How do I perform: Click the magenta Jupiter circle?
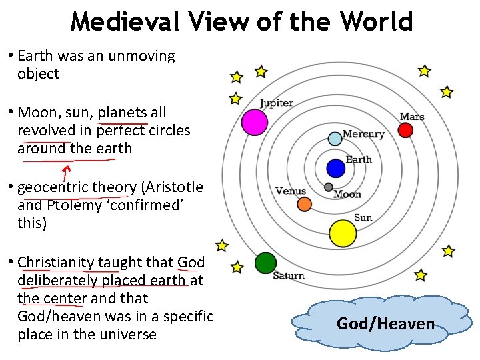click(254, 123)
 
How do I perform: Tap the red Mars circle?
click(405, 129)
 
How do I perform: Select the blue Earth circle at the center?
click(336, 168)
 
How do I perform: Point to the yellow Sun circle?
click(343, 233)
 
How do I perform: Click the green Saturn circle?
click(265, 263)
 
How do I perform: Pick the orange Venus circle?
click(304, 204)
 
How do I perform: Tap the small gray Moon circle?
click(328, 187)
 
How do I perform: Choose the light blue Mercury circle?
click(335, 139)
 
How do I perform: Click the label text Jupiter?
click(276, 103)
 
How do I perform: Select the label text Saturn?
click(289, 275)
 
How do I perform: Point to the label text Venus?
click(291, 191)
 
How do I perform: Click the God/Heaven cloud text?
click(385, 324)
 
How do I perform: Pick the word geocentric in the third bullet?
click(53, 187)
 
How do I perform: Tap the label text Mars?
click(412, 117)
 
